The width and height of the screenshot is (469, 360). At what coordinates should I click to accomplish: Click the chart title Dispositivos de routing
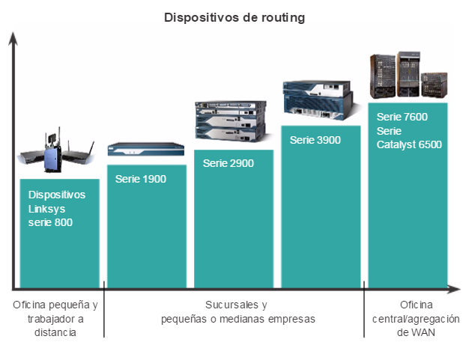point(234,18)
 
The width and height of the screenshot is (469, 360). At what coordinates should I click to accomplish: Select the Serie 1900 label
point(141,179)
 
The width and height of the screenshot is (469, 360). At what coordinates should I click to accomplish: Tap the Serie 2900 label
point(229,163)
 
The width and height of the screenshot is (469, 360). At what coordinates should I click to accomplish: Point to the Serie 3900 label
point(315,140)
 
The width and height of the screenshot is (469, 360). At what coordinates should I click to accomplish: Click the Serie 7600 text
point(402,117)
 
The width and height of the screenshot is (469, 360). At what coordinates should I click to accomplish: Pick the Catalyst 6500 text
point(409,144)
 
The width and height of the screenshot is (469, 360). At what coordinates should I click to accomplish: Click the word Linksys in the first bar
point(46,209)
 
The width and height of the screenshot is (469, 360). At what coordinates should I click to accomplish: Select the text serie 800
point(50,222)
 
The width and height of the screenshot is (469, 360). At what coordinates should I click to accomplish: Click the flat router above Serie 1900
point(146,149)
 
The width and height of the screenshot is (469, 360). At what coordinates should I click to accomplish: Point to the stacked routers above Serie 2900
point(230,121)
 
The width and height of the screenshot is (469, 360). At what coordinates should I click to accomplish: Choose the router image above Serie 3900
point(318,100)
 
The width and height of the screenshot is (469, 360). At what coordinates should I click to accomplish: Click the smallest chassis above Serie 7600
point(435,85)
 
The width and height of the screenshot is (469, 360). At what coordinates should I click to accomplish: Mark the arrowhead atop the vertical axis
point(13,38)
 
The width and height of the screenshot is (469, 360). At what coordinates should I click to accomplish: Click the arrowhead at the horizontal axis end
point(454,289)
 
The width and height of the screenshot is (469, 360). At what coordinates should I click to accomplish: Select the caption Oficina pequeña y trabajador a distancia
point(55,319)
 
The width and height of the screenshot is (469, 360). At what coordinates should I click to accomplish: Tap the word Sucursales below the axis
point(232,305)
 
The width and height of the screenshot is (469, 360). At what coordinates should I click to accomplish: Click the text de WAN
point(416,332)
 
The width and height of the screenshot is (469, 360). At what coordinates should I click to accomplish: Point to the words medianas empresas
point(267,319)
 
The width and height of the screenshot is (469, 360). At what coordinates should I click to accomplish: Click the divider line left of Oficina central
point(364,309)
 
